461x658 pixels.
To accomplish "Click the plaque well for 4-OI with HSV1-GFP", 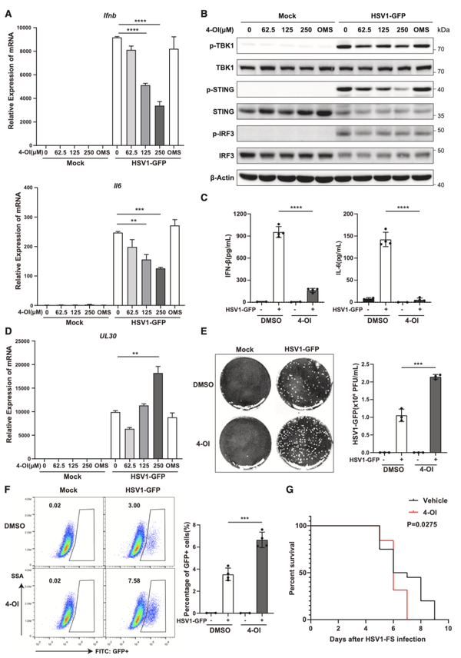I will coord(315,428).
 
